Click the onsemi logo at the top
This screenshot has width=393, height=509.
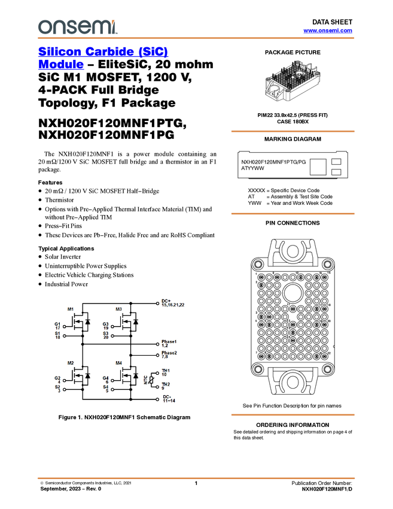(77, 27)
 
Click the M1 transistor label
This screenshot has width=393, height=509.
(71, 310)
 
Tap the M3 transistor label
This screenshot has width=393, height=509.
(118, 310)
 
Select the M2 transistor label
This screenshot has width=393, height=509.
(71, 363)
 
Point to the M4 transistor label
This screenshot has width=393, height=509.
(118, 363)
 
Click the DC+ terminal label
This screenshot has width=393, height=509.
(166, 301)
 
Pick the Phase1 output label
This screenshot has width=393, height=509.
(169, 341)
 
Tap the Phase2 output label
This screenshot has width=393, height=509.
(169, 353)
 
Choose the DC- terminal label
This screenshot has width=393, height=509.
(166, 396)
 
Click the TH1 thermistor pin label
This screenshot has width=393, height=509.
(165, 371)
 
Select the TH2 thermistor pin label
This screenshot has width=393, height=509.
(165, 384)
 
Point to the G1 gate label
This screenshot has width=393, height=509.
(57, 323)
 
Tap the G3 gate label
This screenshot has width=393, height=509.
(105, 323)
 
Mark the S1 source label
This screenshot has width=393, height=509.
(57, 333)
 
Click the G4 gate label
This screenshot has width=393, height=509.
(105, 378)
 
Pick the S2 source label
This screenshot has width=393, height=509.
(57, 387)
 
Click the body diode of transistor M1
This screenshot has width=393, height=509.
(87, 323)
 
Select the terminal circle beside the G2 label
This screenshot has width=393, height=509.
(66, 379)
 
